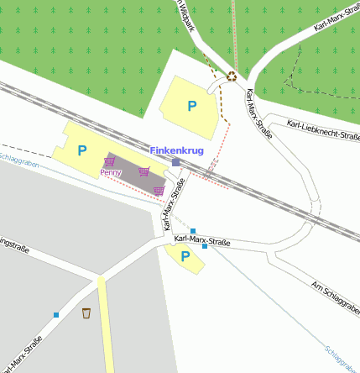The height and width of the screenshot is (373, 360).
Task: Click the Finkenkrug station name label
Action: [x=176, y=150]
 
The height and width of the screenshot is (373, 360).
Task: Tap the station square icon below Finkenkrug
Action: [x=175, y=161]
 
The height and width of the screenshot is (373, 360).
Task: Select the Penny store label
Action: [x=111, y=172]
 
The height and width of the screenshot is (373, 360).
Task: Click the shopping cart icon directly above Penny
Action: [x=109, y=161]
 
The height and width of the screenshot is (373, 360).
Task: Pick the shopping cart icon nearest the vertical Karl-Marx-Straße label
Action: [x=159, y=191]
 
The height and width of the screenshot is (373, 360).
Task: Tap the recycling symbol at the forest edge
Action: [x=232, y=76]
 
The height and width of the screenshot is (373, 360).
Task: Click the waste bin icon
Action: [x=86, y=313]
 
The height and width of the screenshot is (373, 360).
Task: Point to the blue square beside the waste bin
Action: [x=56, y=315]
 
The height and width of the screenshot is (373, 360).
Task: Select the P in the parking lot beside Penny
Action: [x=81, y=151]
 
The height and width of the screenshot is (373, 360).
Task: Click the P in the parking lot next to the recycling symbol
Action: [x=192, y=107]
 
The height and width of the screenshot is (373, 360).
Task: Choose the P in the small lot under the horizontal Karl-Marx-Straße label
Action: [x=185, y=256]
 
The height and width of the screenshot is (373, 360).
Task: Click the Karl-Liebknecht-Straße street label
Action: [x=323, y=130]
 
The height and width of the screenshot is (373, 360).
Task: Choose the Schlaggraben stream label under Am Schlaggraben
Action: [x=342, y=358]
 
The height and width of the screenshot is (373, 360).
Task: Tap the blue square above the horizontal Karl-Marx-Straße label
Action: [x=193, y=231]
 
